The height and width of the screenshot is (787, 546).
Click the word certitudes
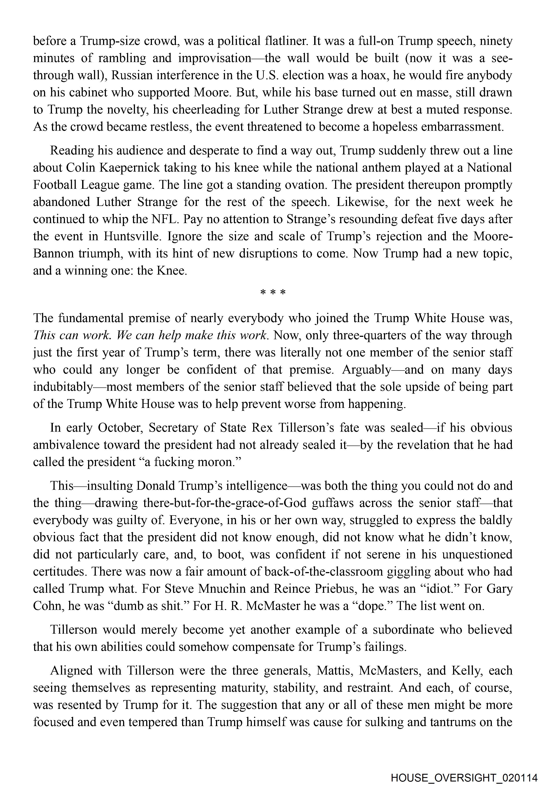pyautogui.click(x=59, y=571)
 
